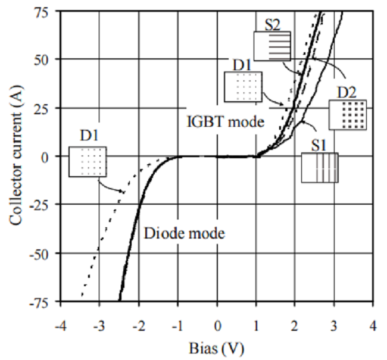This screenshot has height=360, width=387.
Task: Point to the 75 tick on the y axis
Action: click(x=46, y=11)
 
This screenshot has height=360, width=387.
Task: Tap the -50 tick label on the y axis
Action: click(x=44, y=253)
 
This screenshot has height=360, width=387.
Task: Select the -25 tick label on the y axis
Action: click(x=44, y=205)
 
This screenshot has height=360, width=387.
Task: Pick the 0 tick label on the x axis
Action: click(x=217, y=325)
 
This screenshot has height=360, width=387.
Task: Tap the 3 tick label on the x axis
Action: click(x=334, y=325)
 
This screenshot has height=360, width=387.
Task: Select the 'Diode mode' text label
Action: click(x=185, y=234)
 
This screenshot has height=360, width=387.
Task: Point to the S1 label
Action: click(x=319, y=145)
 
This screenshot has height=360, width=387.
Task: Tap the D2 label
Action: click(x=347, y=93)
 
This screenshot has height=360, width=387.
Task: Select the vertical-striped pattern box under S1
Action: click(x=320, y=167)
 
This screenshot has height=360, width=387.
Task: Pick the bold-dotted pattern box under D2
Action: click(x=348, y=115)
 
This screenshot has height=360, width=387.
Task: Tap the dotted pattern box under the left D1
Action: click(x=88, y=161)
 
